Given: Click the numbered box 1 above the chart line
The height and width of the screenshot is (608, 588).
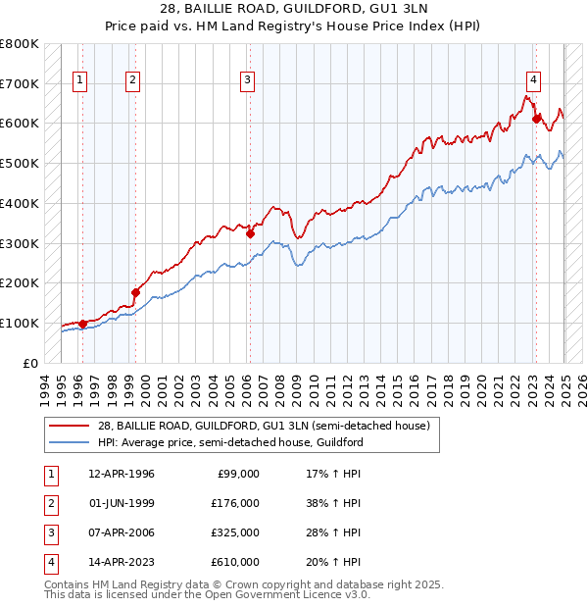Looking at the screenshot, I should point(78,81).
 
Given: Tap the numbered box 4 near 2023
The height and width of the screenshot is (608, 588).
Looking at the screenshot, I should point(532,81).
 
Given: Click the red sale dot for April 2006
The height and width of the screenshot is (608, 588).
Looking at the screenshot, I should point(250,233).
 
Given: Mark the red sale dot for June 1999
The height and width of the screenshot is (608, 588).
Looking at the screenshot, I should point(135,292).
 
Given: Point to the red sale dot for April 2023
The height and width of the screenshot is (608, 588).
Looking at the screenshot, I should point(536,120).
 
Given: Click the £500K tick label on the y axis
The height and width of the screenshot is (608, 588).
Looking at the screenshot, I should point(20,163).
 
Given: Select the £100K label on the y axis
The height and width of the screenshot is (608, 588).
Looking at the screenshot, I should point(20,323).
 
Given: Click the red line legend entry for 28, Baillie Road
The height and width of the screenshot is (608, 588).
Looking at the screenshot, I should point(263,427).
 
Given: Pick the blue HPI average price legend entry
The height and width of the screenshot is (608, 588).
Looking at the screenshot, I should point(230,443).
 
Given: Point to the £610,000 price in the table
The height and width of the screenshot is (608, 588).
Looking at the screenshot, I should point(235,562).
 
